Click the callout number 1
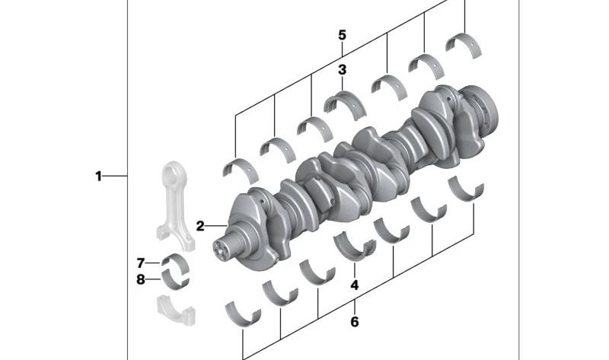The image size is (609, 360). coord(98,177)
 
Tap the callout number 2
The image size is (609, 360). coord(200,225)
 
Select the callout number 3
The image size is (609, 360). coord(342,70)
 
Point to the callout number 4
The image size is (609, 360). coord(354,285)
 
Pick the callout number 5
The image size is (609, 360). coord(342,35)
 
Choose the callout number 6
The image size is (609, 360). coord(354,321)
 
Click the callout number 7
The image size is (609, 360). coord(141,263)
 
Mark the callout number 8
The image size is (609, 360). coord(141,279)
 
